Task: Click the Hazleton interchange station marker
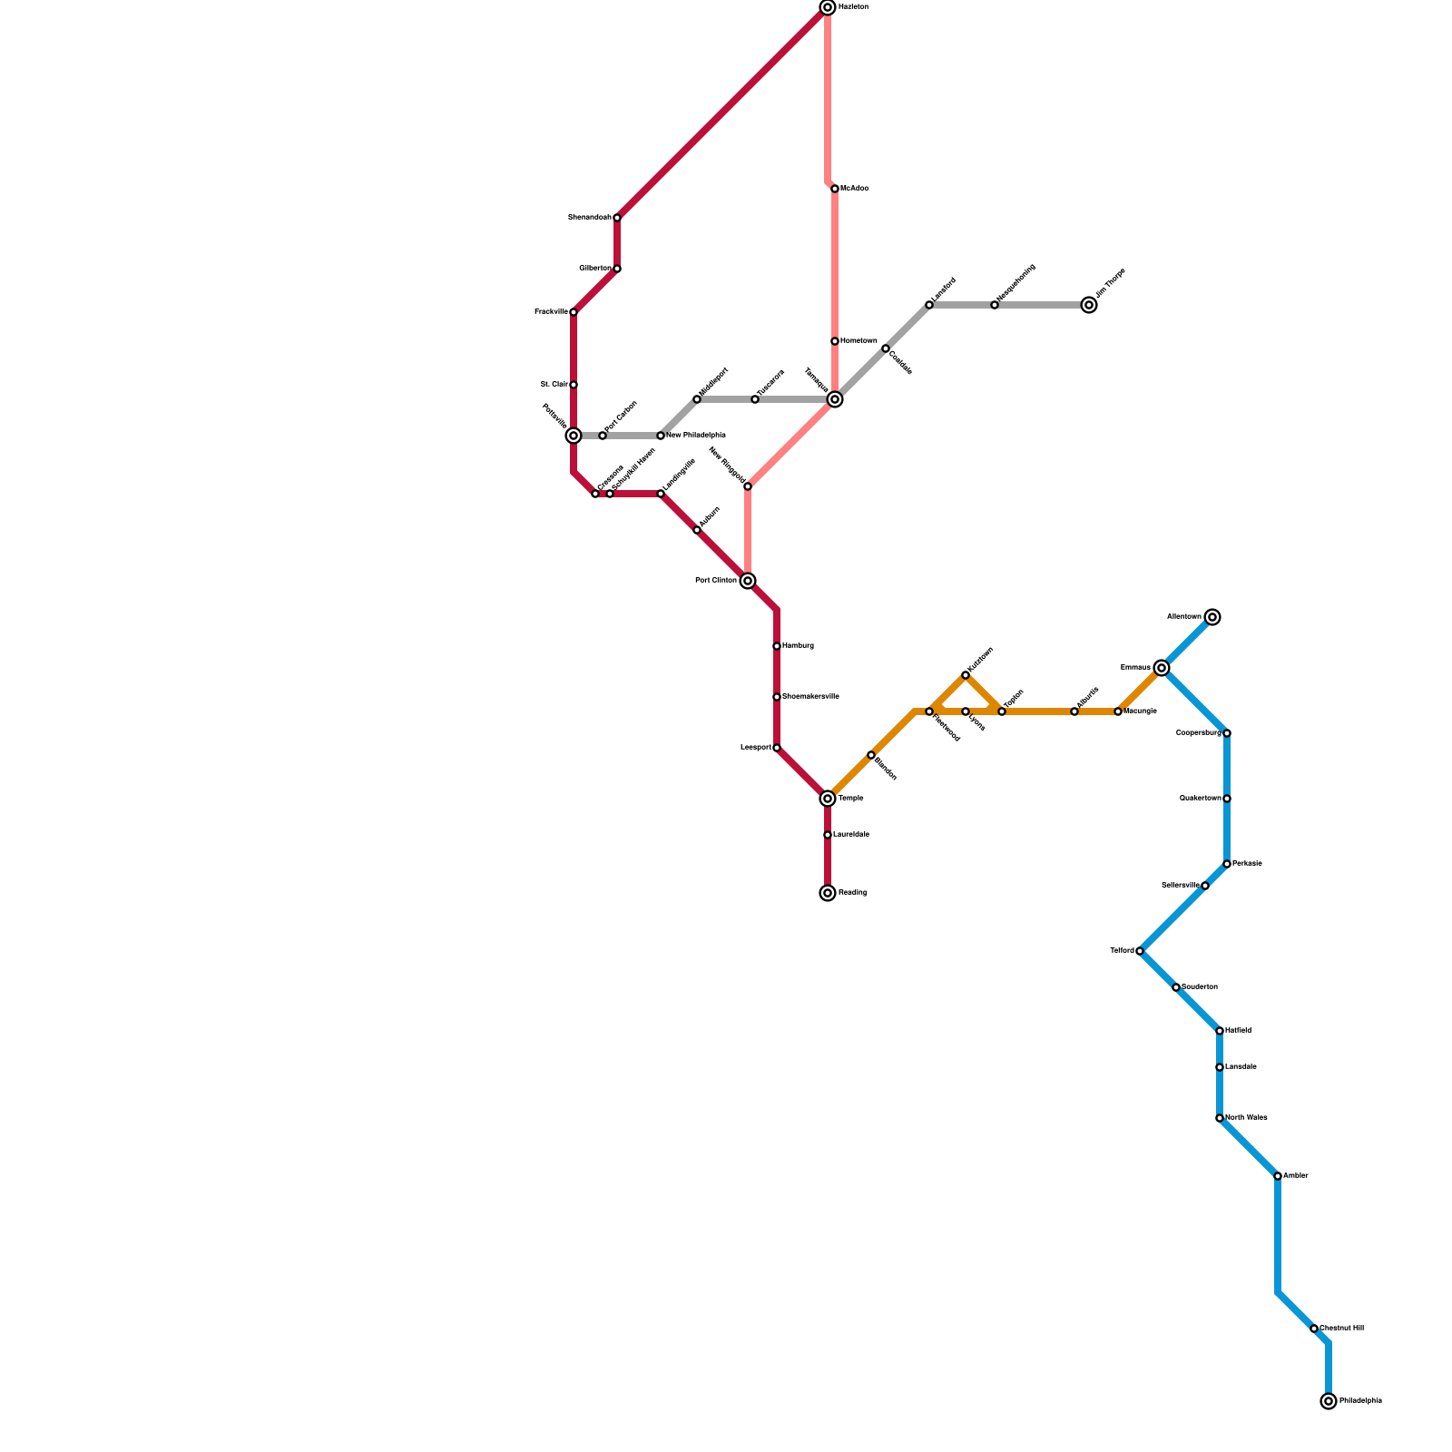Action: (x=828, y=7)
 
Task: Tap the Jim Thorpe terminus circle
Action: (x=1089, y=305)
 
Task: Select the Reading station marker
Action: (x=828, y=893)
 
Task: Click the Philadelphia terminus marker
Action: (x=1329, y=1401)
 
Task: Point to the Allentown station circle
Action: (x=1212, y=617)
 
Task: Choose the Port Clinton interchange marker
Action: (x=748, y=581)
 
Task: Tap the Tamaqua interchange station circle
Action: (x=835, y=399)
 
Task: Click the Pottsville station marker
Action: (x=574, y=436)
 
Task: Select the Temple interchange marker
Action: (x=828, y=799)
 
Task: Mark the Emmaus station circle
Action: (x=1162, y=668)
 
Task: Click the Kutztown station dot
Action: (x=966, y=675)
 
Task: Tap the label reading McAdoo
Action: (x=855, y=189)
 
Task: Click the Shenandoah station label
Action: (x=589, y=218)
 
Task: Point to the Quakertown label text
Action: (x=1200, y=799)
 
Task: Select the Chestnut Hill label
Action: (x=1341, y=1329)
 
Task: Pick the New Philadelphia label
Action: (x=696, y=436)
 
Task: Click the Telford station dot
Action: (x=1140, y=951)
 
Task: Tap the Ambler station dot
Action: (x=1278, y=1176)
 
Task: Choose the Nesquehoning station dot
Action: (x=995, y=305)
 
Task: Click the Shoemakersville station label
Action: (x=810, y=697)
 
